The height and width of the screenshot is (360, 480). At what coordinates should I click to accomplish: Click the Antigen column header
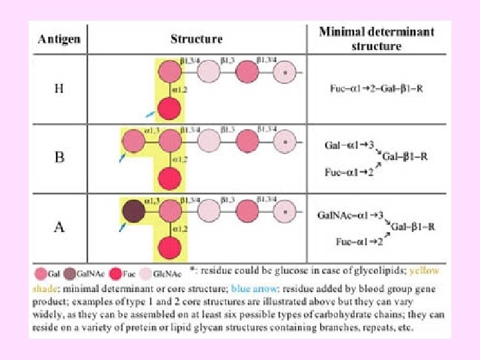[59, 39]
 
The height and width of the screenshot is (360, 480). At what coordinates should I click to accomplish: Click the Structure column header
[196, 39]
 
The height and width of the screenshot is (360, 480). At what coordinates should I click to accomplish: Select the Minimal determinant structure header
[377, 38]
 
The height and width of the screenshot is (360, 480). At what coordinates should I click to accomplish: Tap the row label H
[59, 88]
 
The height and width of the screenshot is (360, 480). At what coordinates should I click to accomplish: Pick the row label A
[59, 227]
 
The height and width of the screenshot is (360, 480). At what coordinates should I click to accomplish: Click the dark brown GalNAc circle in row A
[132, 212]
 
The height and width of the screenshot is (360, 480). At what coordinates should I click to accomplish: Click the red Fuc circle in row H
[170, 108]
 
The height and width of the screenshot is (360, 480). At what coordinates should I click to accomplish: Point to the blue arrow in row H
[151, 114]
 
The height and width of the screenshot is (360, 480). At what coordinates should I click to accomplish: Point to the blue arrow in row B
[123, 158]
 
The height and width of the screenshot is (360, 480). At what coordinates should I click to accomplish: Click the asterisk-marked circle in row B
[285, 141]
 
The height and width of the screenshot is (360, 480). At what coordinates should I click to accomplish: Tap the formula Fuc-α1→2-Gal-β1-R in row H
[376, 88]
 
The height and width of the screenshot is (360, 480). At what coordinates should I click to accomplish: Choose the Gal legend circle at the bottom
[39, 273]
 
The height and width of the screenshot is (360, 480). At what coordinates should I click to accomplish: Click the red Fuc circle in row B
[170, 179]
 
